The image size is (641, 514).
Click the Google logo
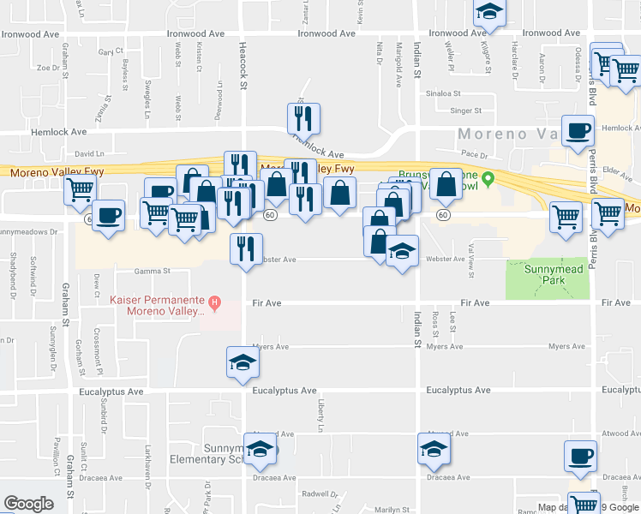(28, 504)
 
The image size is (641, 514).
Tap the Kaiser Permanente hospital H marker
(215, 302)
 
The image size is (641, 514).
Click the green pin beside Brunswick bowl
(488, 179)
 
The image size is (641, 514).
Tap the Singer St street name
(466, 111)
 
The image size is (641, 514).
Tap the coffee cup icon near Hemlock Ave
(578, 130)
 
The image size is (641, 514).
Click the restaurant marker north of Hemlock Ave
(303, 118)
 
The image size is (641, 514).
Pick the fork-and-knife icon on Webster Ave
(246, 249)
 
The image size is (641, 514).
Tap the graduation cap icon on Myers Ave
(243, 362)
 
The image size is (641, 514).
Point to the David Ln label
(88, 154)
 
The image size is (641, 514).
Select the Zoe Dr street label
(45, 66)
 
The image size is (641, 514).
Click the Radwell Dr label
(320, 493)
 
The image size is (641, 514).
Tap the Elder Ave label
(617, 170)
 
